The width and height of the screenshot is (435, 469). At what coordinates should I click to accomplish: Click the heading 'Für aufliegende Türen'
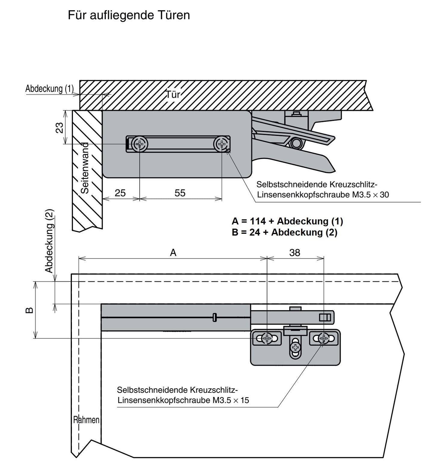(129, 15)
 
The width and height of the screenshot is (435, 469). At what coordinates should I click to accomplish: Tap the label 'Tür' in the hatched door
(173, 95)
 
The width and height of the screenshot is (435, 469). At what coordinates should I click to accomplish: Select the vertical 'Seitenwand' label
(85, 168)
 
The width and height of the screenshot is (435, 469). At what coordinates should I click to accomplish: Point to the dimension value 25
(120, 193)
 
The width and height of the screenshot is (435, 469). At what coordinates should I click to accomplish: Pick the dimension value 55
(180, 193)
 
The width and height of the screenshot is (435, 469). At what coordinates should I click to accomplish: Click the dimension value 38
(295, 252)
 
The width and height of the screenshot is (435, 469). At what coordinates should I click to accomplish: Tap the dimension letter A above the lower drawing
(173, 252)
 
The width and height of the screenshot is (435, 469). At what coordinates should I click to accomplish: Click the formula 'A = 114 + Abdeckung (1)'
(287, 221)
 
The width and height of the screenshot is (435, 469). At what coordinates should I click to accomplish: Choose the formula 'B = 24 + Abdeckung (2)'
(284, 232)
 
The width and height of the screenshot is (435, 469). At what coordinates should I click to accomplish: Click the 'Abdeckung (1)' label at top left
(49, 89)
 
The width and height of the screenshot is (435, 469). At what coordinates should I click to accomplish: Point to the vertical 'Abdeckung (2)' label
(49, 241)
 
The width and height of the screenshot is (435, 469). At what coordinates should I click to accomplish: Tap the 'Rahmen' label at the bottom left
(86, 420)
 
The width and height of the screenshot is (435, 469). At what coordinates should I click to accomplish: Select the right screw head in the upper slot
(222, 144)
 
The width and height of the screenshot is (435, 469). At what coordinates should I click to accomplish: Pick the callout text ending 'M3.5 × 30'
(322, 189)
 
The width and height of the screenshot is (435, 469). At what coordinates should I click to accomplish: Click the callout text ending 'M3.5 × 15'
(183, 395)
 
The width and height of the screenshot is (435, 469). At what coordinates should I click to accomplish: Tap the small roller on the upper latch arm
(297, 143)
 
